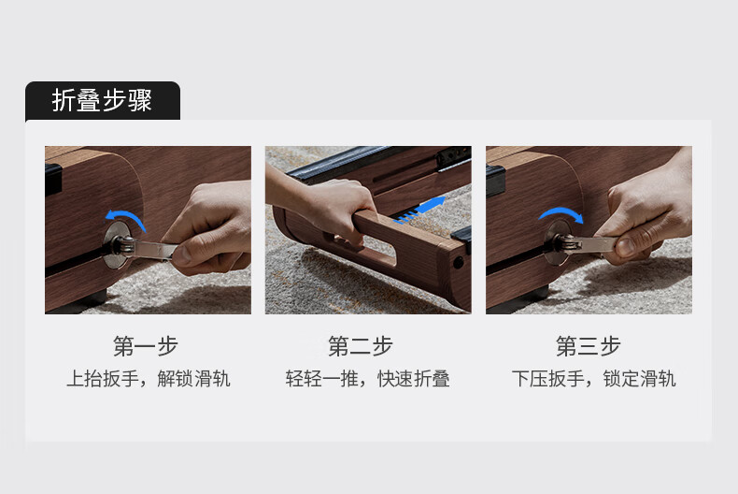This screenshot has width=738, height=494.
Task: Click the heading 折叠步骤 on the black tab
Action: click(x=102, y=100)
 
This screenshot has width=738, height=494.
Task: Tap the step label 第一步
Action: click(x=146, y=346)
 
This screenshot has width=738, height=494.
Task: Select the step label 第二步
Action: click(x=361, y=346)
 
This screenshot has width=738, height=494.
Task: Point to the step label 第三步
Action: click(x=589, y=346)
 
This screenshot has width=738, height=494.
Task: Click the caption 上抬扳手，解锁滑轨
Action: click(x=149, y=379)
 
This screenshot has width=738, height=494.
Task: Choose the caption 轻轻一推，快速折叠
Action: click(x=367, y=379)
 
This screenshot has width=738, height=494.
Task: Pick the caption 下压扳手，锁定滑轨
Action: click(x=594, y=379)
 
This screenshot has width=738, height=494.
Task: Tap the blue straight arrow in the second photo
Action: click(x=420, y=209)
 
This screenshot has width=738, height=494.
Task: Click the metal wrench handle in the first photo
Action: click(x=150, y=248)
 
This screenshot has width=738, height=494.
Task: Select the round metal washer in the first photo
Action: click(x=116, y=245)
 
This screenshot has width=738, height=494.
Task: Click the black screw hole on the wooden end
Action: click(x=458, y=263)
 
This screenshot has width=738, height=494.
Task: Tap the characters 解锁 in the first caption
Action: click(x=176, y=379)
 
